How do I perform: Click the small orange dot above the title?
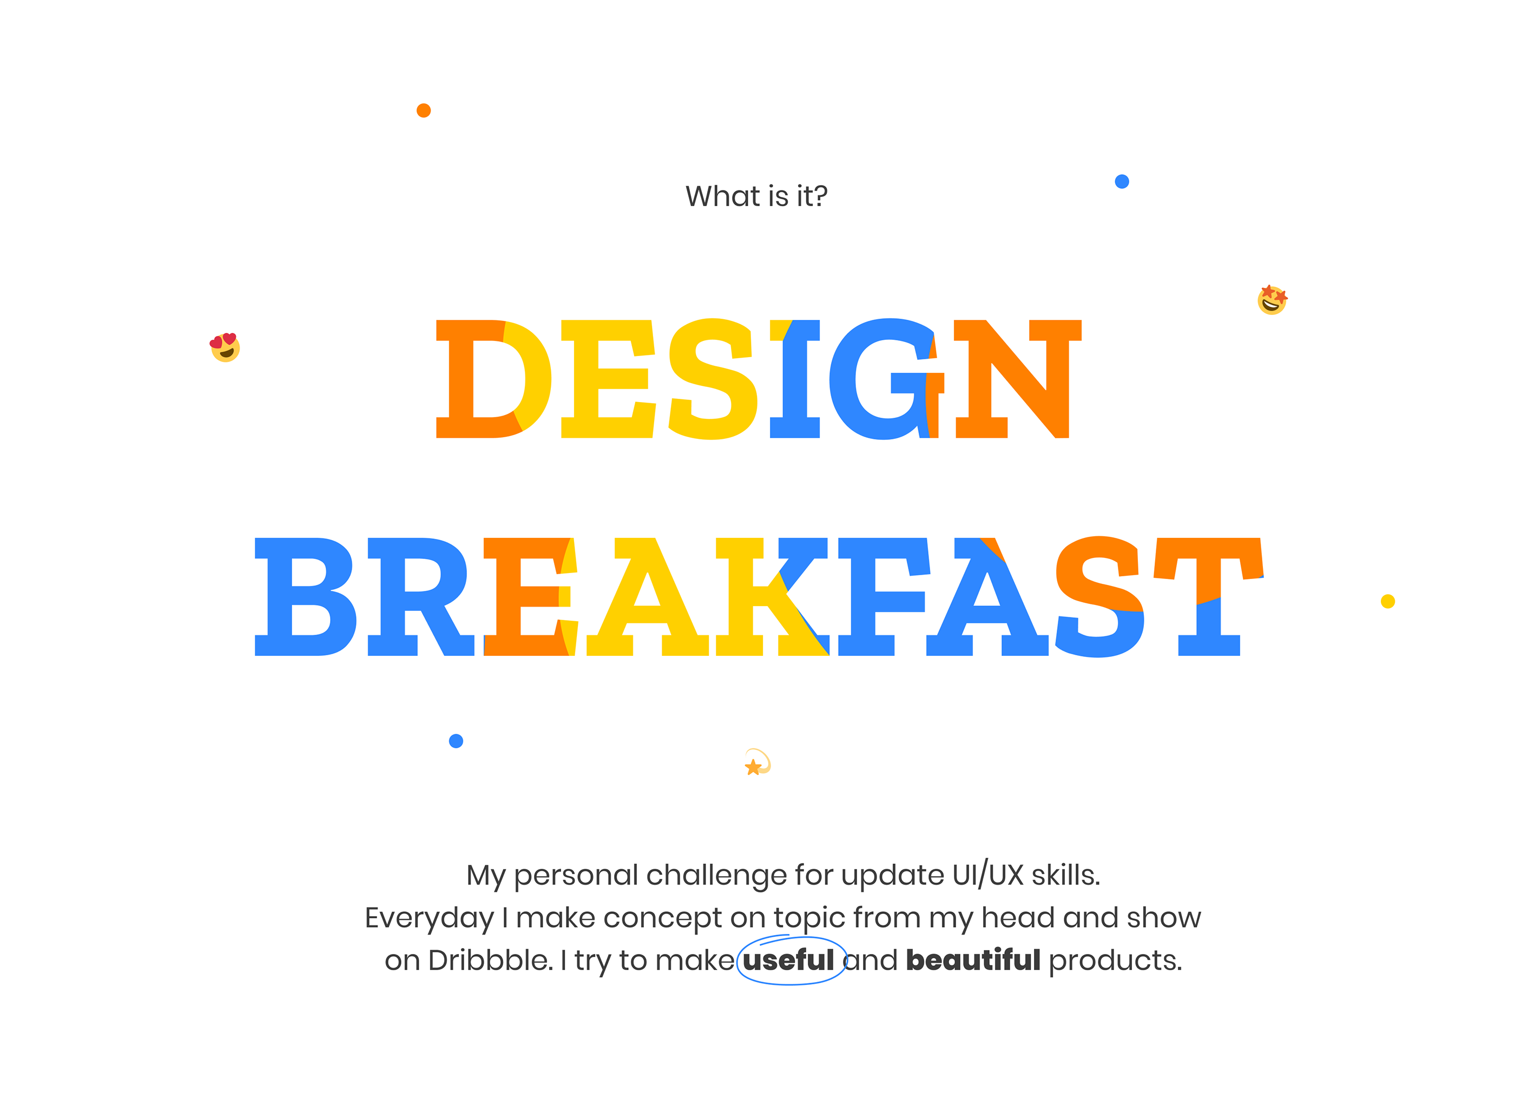click(423, 110)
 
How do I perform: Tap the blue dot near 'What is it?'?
click(1121, 181)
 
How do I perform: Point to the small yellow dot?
click(1387, 601)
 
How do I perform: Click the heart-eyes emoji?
click(225, 347)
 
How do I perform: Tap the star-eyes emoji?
click(1272, 300)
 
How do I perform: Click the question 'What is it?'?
click(756, 196)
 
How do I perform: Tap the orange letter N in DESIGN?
click(1016, 379)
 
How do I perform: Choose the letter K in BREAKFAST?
click(770, 596)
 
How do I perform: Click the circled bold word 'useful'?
click(788, 960)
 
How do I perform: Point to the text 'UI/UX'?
click(988, 875)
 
